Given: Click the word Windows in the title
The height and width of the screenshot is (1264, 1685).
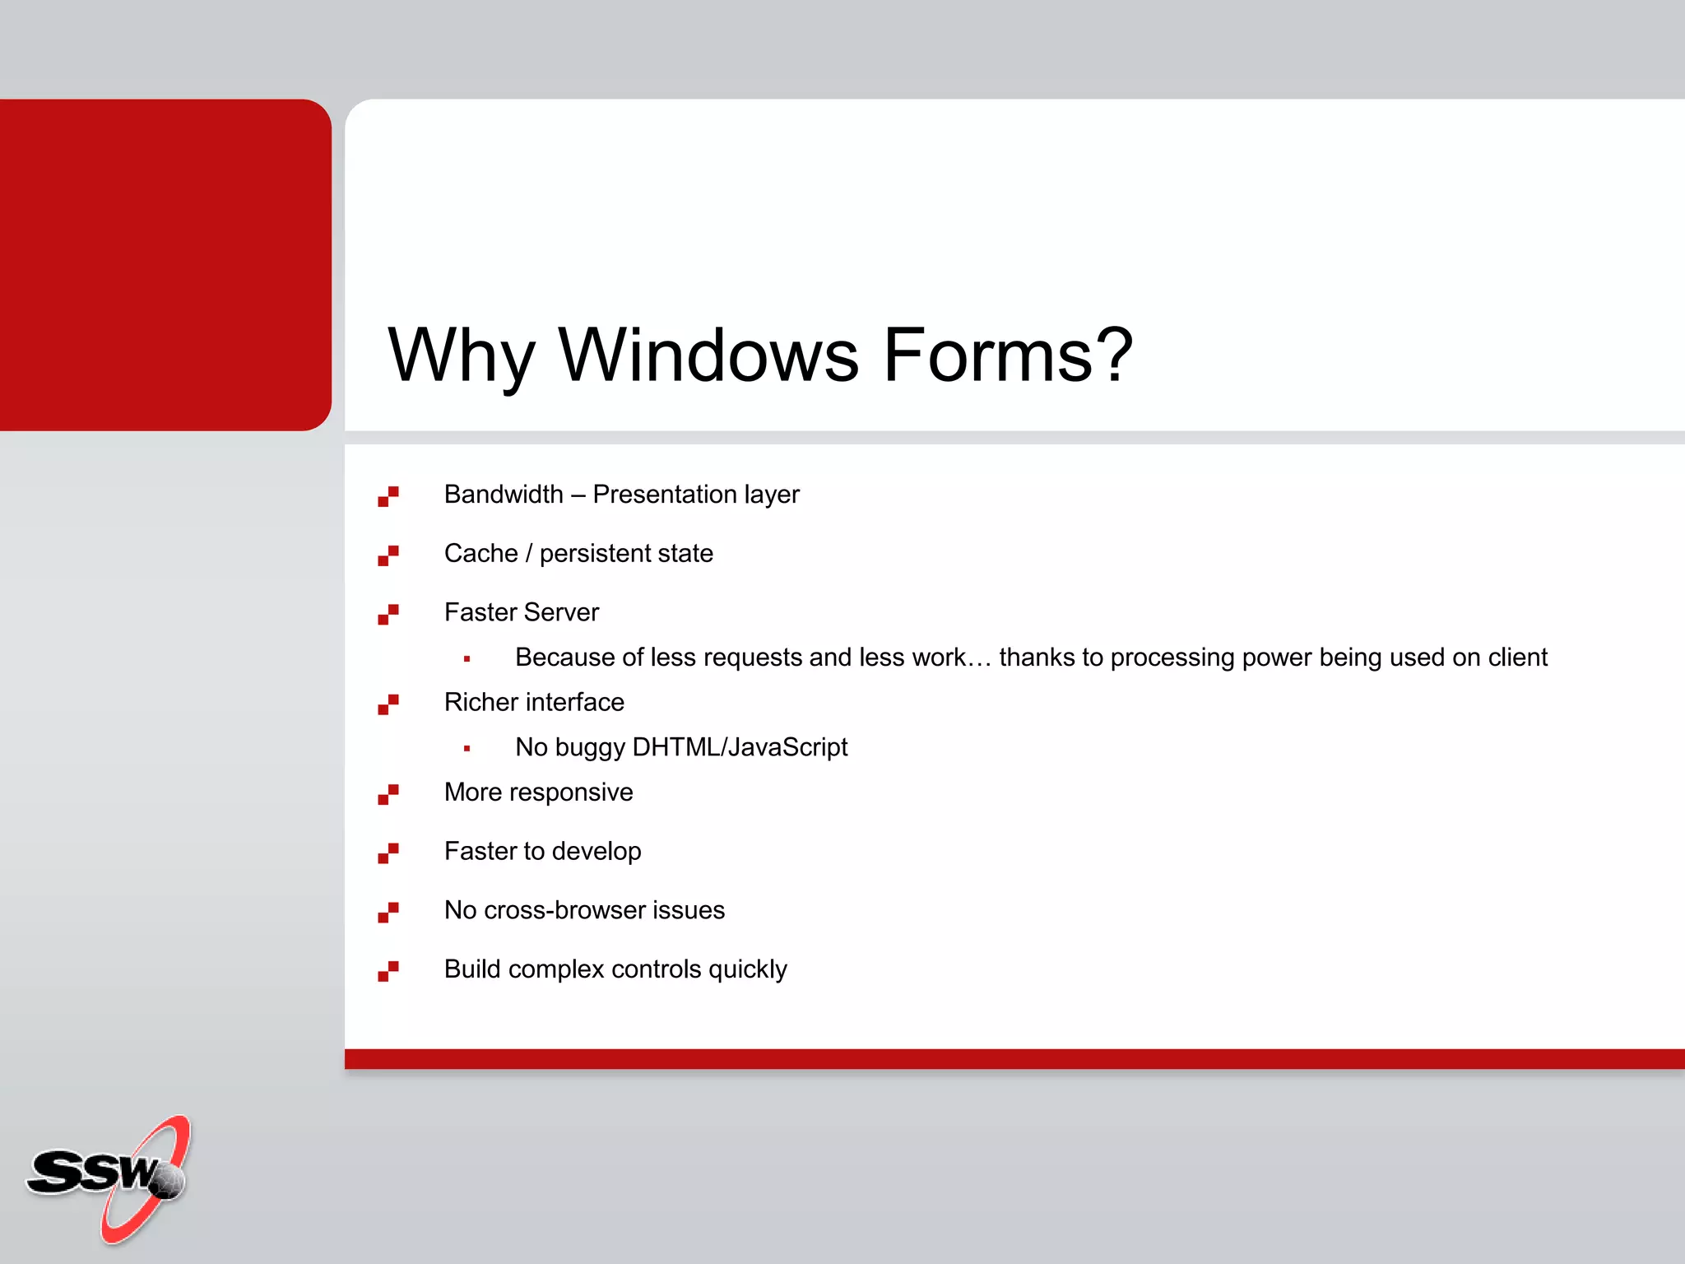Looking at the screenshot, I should (x=708, y=355).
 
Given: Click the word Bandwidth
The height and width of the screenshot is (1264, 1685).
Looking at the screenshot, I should (x=504, y=495).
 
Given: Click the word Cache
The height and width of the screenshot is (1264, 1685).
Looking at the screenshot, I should (x=480, y=554).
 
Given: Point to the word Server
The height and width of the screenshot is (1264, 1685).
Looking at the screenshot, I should (x=561, y=613).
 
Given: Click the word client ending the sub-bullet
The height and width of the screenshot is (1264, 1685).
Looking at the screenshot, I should (x=1518, y=658).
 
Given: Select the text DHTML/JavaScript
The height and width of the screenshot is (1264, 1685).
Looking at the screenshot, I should (x=739, y=747).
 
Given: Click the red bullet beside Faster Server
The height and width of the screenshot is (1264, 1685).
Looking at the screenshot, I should (x=388, y=615).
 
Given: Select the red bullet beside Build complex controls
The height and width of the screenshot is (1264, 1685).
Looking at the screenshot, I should (x=388, y=972).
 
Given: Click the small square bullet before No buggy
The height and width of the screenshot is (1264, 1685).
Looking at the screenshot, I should (x=467, y=749).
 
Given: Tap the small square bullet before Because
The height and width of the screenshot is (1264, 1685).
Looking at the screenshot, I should (x=467, y=659).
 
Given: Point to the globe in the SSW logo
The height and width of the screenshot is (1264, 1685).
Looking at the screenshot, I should (x=168, y=1182).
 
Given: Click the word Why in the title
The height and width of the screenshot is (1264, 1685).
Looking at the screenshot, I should (x=461, y=355).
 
